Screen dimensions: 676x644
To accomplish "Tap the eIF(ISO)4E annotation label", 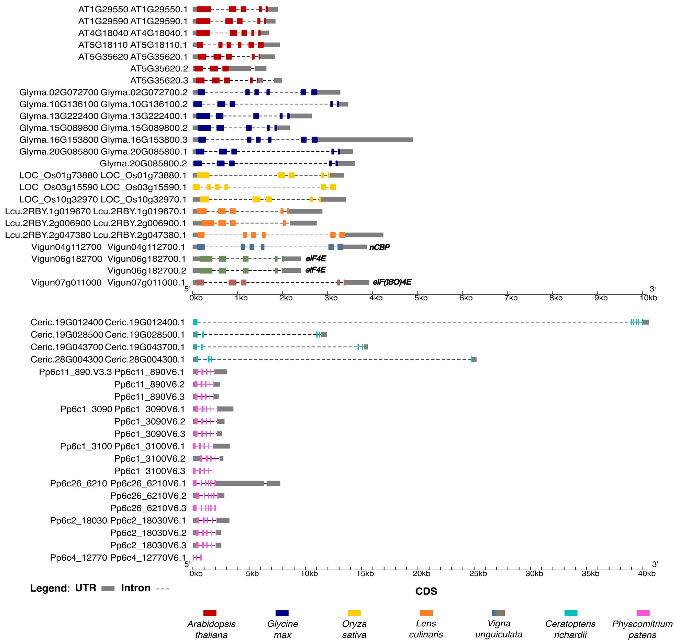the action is pyautogui.click(x=392, y=282).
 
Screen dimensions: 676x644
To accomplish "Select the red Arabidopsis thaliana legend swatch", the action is pyautogui.click(x=210, y=613).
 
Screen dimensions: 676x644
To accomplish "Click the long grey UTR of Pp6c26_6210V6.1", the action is pyautogui.click(x=240, y=483).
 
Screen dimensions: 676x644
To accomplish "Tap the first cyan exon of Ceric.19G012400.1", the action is pyautogui.click(x=195, y=322).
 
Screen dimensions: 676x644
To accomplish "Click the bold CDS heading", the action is pyautogui.click(x=426, y=591).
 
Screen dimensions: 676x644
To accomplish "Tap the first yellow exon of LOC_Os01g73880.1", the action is pyautogui.click(x=203, y=175).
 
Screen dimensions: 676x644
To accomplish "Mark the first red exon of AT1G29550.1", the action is pyautogui.click(x=204, y=9).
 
